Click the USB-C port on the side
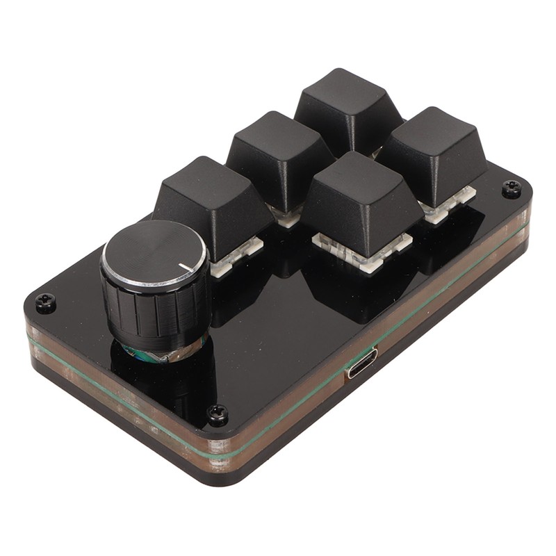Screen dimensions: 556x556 pos(362,363)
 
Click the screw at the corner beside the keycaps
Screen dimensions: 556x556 pos(512,188)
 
